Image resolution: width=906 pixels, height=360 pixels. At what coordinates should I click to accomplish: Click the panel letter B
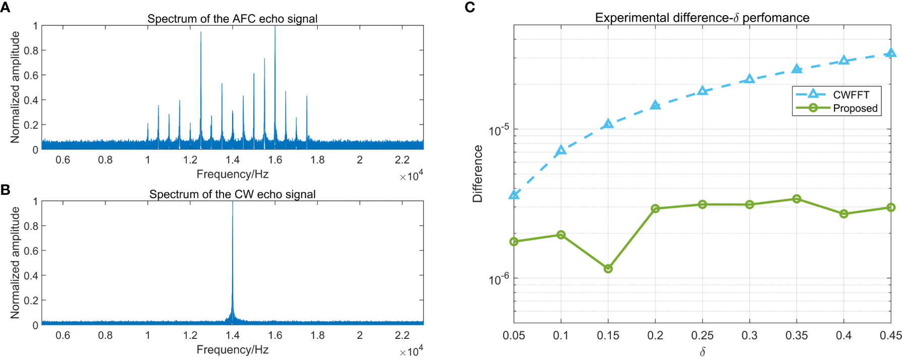tap(5, 189)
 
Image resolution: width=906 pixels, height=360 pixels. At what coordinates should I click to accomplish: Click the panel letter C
tap(469, 7)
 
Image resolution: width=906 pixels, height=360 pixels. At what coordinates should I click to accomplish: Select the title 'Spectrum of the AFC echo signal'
tap(232, 19)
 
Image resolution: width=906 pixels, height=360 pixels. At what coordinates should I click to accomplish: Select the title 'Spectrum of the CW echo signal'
tap(232, 194)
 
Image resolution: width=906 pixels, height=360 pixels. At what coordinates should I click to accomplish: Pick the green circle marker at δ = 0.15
tap(608, 269)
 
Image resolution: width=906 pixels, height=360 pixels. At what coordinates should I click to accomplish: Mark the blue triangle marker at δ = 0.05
tap(514, 194)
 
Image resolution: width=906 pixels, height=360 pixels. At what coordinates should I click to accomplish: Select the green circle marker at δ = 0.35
tap(797, 199)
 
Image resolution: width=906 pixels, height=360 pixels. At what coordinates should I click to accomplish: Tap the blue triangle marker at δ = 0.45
tap(891, 53)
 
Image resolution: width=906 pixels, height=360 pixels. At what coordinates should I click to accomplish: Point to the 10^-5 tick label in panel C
tap(498, 130)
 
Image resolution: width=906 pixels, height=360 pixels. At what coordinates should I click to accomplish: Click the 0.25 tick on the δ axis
tap(702, 335)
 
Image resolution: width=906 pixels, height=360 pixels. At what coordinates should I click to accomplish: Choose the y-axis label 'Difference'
tap(477, 174)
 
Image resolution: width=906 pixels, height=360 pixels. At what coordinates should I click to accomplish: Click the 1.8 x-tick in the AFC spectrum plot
tap(317, 160)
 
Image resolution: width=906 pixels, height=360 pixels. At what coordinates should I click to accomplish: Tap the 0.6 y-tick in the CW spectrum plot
tap(32, 251)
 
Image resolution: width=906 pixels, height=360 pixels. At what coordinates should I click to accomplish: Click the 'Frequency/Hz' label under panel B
tap(232, 349)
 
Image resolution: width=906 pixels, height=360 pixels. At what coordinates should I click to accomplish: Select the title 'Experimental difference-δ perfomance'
tap(702, 18)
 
